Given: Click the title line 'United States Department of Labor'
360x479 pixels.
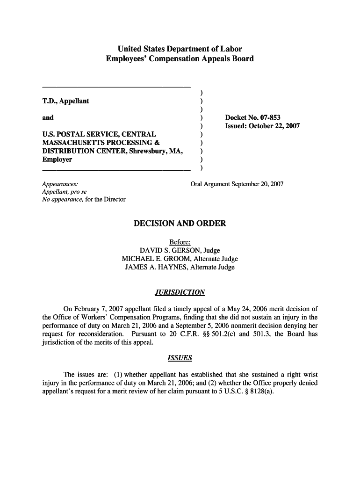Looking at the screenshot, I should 180,49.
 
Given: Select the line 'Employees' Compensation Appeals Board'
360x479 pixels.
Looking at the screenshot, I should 180,59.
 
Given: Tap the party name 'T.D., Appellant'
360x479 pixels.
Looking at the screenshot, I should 65,101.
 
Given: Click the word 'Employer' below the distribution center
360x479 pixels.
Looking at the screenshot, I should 57,160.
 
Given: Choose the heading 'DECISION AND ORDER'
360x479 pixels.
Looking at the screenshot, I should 180,224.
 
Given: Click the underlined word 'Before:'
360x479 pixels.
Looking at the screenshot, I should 180,242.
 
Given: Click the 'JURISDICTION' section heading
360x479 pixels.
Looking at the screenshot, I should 180,293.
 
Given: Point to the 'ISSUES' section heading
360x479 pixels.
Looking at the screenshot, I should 180,358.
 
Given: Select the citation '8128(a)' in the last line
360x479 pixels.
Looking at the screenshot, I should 261,392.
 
